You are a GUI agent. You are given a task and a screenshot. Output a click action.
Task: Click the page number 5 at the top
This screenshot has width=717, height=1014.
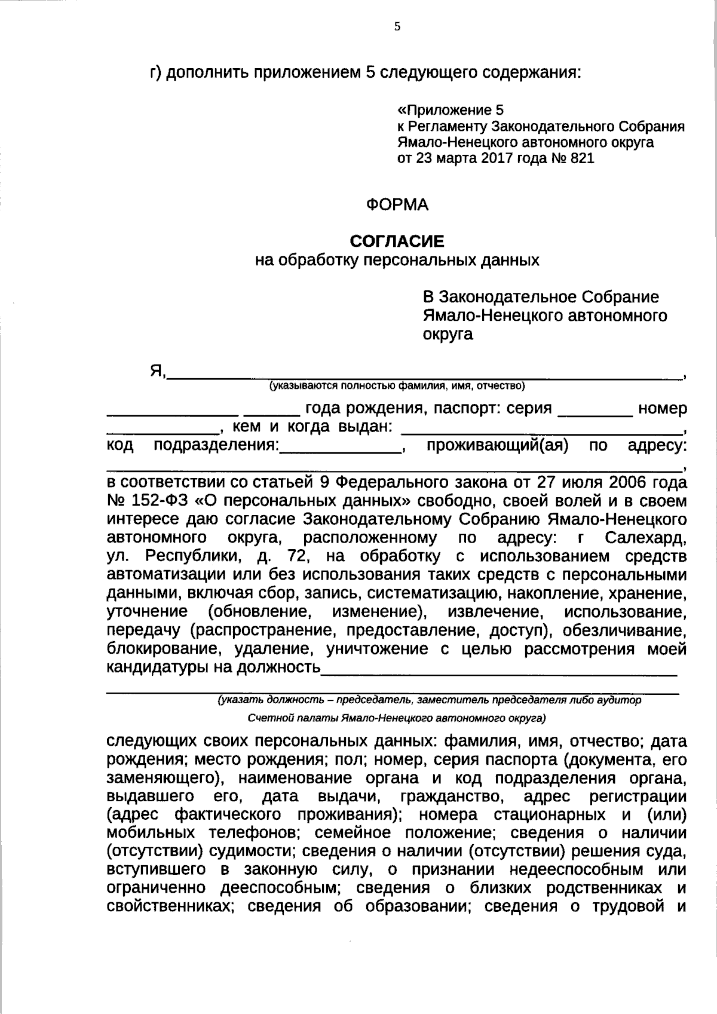[397, 27]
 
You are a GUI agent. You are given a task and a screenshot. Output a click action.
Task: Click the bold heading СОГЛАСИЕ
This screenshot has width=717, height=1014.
[397, 241]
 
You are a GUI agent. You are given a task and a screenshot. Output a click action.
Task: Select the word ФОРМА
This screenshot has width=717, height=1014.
[397, 205]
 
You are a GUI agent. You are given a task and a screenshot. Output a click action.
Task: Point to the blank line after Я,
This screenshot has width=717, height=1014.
[424, 375]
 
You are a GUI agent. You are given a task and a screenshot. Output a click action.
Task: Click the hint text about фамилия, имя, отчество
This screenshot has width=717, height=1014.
[397, 386]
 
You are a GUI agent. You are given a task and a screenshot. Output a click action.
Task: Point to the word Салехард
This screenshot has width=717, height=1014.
[646, 538]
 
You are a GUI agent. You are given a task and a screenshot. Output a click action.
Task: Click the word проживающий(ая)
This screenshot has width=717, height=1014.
[497, 446]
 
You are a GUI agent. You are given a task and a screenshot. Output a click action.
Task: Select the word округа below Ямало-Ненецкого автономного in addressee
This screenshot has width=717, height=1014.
[448, 334]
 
